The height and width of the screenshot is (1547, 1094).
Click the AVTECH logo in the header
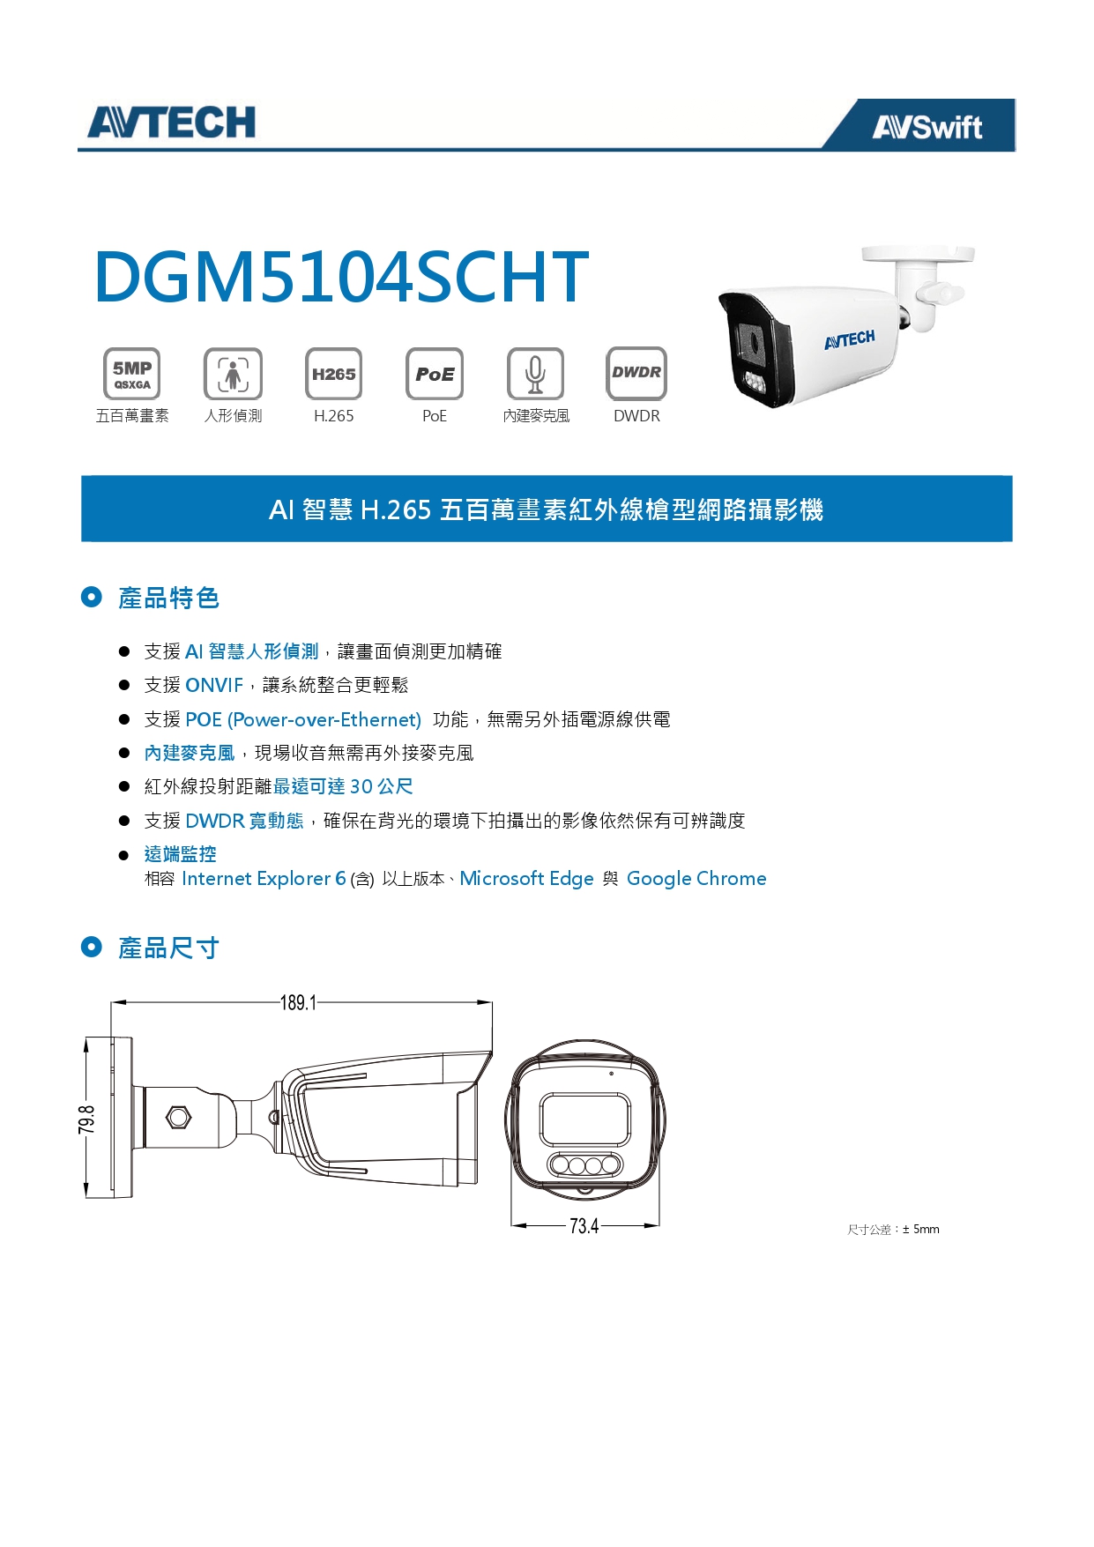171,122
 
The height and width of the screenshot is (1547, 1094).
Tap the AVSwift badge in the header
927,127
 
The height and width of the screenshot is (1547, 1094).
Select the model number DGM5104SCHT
341,276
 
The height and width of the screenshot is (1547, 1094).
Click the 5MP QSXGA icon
132,374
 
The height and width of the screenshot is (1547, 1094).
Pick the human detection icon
233,374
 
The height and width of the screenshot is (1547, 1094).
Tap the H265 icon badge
333,374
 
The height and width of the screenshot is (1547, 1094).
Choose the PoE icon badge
435,374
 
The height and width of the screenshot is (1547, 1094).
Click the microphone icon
535,374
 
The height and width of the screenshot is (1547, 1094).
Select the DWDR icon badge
636,373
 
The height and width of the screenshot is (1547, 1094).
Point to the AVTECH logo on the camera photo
850,339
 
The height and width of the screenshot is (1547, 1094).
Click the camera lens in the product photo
751,342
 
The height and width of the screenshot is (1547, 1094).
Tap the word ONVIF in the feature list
214,685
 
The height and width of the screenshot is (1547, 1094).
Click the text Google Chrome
696,879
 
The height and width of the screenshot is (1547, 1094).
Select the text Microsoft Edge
526,879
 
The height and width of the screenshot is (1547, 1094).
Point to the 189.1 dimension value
298,1003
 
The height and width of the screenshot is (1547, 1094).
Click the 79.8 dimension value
86,1119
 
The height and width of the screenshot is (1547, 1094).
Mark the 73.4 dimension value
584,1226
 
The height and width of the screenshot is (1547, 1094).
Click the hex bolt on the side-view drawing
179,1117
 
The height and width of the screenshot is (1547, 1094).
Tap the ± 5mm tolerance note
893,1229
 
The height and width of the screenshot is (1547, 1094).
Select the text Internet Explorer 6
264,879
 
